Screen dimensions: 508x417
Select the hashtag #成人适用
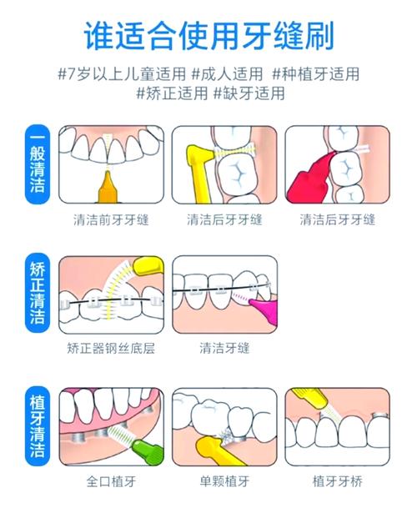(227, 73)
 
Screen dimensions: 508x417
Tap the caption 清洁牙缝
(224, 347)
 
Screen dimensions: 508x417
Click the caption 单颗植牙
(224, 480)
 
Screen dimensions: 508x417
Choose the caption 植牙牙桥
(337, 480)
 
